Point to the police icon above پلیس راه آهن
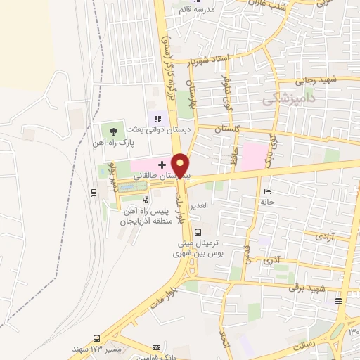[x=146, y=200]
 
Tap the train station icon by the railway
[x=94, y=191]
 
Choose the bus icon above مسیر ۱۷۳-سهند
[x=96, y=338]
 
